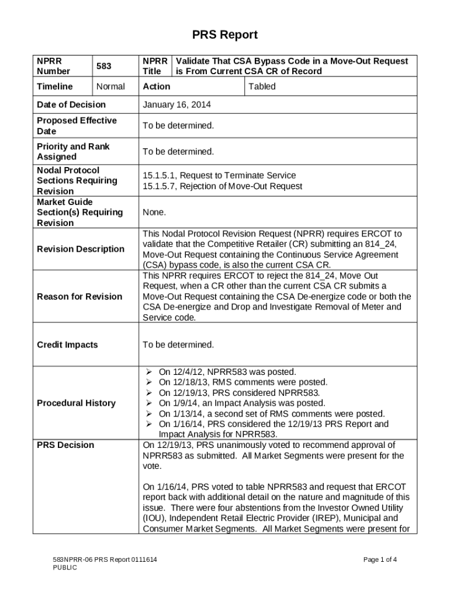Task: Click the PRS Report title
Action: coord(225,35)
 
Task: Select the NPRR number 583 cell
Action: coord(103,66)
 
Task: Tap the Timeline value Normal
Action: coord(110,86)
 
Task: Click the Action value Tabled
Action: coord(262,86)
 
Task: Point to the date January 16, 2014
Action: coord(176,105)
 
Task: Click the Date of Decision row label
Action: coord(71,105)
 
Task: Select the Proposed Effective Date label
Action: coord(77,126)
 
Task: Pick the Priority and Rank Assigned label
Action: coord(73,151)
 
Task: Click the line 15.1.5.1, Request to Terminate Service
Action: coord(219,175)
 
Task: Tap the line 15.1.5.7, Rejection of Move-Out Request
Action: coord(223,186)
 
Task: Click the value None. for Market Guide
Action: coord(154,213)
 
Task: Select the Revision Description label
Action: coord(81,249)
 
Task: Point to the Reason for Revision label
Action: coord(79,297)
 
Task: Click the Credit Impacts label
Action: coord(67,345)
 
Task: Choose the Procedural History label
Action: coord(76,403)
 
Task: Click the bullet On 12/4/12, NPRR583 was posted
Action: coord(227,371)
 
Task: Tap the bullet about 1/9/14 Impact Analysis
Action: coord(241,403)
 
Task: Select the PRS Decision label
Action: coord(65,445)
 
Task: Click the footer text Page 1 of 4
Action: coord(380,559)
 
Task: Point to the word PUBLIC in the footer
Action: coord(61,568)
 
